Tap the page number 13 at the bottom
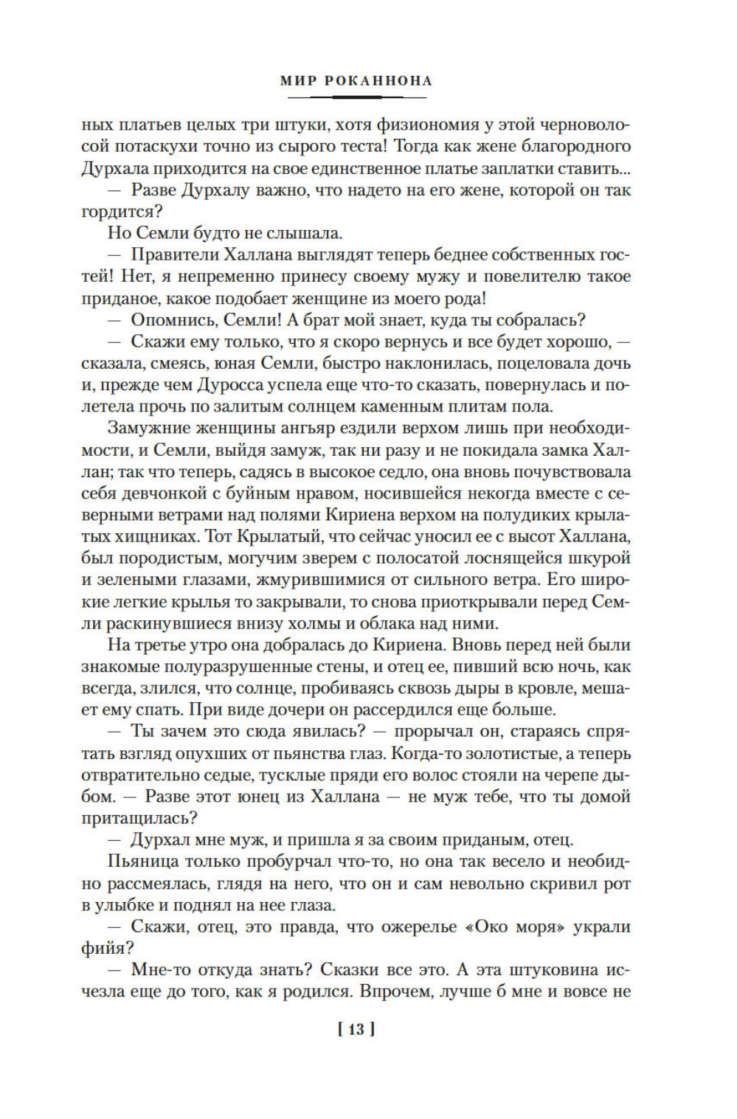[x=356, y=1029]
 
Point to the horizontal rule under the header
[x=356, y=97]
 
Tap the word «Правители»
[x=174, y=255]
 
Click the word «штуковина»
[x=541, y=970]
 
